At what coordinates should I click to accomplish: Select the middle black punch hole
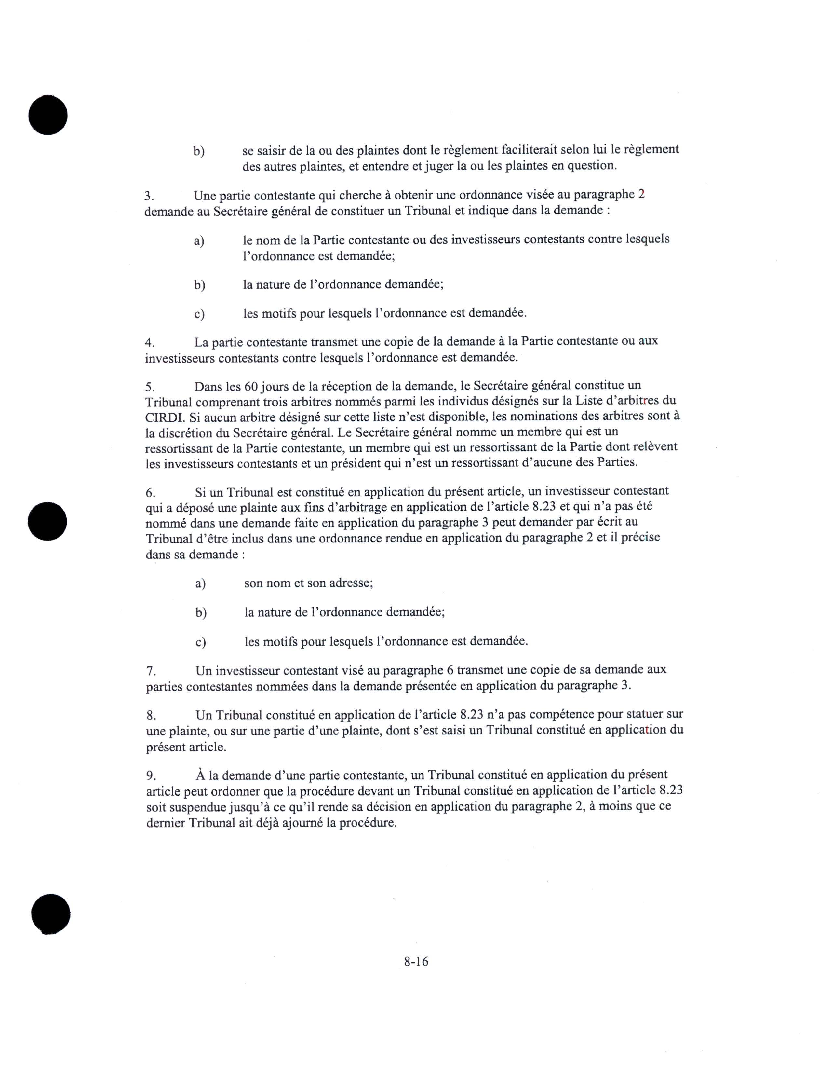47,521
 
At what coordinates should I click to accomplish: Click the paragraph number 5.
149,387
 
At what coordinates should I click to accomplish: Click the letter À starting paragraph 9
200,775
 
